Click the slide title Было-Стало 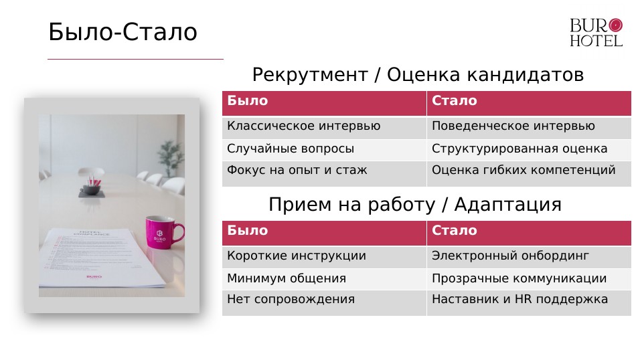pyautogui.click(x=123, y=32)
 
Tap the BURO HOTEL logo pyautogui.click(x=596, y=33)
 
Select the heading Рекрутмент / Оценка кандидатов pyautogui.click(x=418, y=75)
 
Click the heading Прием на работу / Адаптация pyautogui.click(x=414, y=204)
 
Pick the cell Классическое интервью pyautogui.click(x=303, y=126)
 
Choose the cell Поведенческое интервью pyautogui.click(x=513, y=126)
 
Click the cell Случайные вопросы pyautogui.click(x=291, y=149)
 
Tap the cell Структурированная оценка pyautogui.click(x=519, y=149)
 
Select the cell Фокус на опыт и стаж pyautogui.click(x=297, y=171)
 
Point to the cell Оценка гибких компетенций pyautogui.click(x=524, y=171)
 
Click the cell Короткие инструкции pyautogui.click(x=297, y=256)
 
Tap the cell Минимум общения pyautogui.click(x=287, y=278)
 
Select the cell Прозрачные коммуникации pyautogui.click(x=519, y=278)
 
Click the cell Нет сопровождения pyautogui.click(x=291, y=300)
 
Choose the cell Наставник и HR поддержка pyautogui.click(x=519, y=300)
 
